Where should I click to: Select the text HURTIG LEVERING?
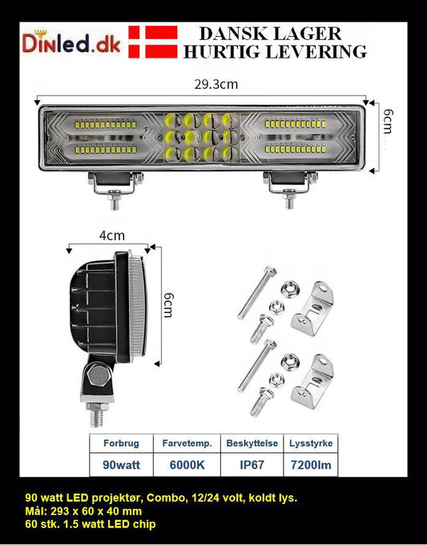(275, 52)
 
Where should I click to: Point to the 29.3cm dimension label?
(203, 83)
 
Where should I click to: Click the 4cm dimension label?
(111, 236)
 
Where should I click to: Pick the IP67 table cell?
(251, 464)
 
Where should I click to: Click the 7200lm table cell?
(309, 464)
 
